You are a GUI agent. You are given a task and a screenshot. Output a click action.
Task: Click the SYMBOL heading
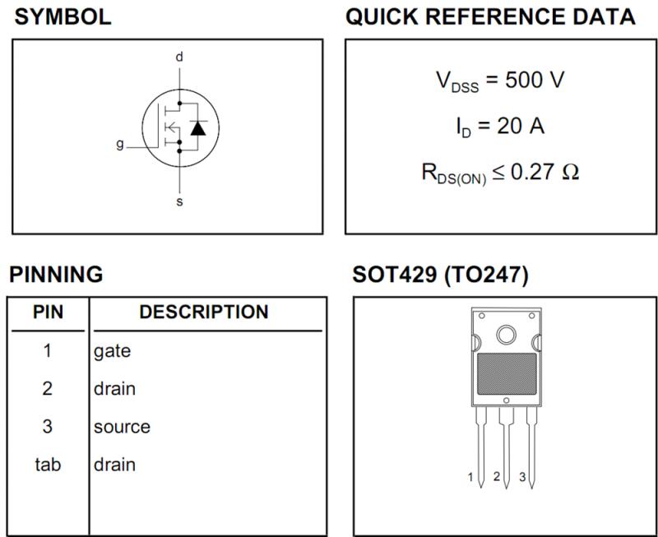coord(63,16)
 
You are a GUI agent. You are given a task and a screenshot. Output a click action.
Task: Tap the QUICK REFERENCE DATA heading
coord(490,16)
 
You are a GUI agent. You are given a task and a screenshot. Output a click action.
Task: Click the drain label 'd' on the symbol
coord(179,57)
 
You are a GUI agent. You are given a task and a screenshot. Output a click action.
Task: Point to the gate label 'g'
coord(120,145)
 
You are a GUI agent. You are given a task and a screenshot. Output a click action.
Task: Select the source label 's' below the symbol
coord(179,201)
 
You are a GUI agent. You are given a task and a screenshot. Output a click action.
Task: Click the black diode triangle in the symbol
coord(198,127)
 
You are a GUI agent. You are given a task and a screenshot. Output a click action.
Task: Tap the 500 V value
coord(535,79)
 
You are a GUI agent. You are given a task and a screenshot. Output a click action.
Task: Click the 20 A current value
coord(521,125)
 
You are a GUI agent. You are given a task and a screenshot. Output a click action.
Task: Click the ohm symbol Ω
coord(570,172)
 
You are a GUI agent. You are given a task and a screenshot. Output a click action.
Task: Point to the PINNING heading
coord(56,275)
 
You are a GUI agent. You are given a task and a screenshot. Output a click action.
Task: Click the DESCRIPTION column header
coord(204,312)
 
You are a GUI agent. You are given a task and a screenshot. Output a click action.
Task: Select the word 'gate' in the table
coord(112,351)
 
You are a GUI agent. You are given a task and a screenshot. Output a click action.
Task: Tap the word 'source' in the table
coord(122,427)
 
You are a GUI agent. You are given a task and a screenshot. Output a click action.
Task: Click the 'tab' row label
coord(48,465)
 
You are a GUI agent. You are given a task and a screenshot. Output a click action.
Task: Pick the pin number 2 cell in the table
coord(48,388)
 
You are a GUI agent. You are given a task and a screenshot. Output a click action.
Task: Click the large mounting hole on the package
coord(506,335)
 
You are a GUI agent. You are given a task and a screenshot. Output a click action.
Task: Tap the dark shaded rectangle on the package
coord(507,374)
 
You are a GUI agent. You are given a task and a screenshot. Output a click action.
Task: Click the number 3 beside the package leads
coord(522,477)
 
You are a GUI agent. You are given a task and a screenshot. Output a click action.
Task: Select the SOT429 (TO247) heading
coord(441,275)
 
